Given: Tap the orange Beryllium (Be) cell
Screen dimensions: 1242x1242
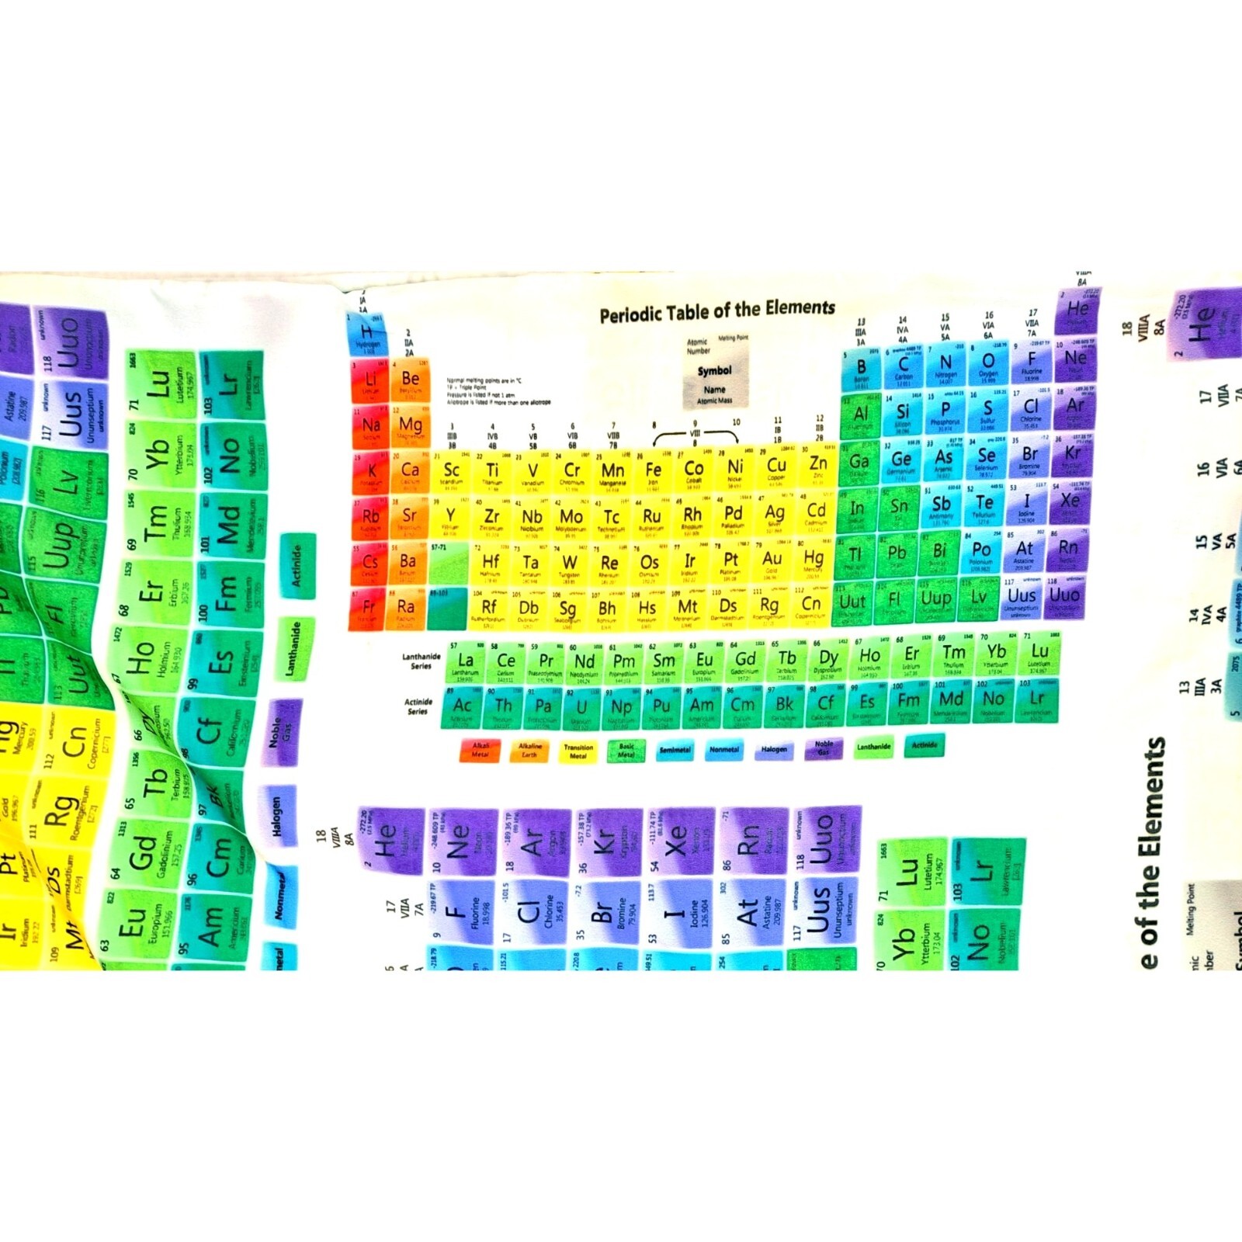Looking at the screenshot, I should [x=410, y=381].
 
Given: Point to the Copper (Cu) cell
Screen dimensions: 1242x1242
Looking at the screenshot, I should [x=775, y=468].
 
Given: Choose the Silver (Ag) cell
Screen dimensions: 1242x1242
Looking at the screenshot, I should [x=774, y=515].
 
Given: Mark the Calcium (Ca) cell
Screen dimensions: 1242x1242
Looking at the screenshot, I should [x=409, y=473].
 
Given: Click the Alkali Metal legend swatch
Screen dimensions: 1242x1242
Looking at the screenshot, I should [x=480, y=751].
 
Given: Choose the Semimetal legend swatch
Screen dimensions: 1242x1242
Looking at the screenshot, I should [x=675, y=750].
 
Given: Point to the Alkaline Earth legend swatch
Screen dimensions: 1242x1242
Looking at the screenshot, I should [x=529, y=751].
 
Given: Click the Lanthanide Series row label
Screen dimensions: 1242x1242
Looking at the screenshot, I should [x=421, y=661].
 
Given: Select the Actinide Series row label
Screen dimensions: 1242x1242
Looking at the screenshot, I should [x=418, y=706].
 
